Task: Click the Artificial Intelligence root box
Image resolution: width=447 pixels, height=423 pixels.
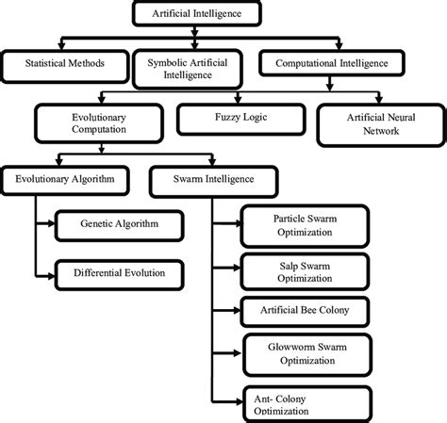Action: pyautogui.click(x=195, y=14)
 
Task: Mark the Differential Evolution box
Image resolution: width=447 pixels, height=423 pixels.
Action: pyautogui.click(x=119, y=274)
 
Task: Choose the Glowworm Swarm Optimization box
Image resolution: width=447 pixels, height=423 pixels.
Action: pyautogui.click(x=297, y=350)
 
